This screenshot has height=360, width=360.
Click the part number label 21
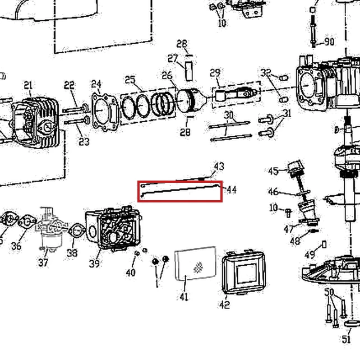(x=28, y=85)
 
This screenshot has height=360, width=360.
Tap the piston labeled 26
(x=188, y=100)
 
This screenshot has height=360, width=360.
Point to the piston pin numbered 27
(x=189, y=71)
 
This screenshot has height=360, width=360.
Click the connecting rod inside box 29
(x=236, y=94)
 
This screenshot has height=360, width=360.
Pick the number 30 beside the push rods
(x=229, y=115)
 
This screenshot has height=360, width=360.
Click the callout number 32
(x=266, y=72)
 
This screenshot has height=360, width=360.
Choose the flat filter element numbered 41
(x=195, y=264)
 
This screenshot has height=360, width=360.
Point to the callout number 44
(x=232, y=190)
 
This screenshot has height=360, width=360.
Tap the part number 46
(x=273, y=191)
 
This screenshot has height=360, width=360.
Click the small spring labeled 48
(x=314, y=230)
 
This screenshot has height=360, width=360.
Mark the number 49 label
(x=310, y=255)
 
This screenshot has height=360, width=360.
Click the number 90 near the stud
(x=329, y=42)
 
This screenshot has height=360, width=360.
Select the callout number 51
(x=347, y=339)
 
